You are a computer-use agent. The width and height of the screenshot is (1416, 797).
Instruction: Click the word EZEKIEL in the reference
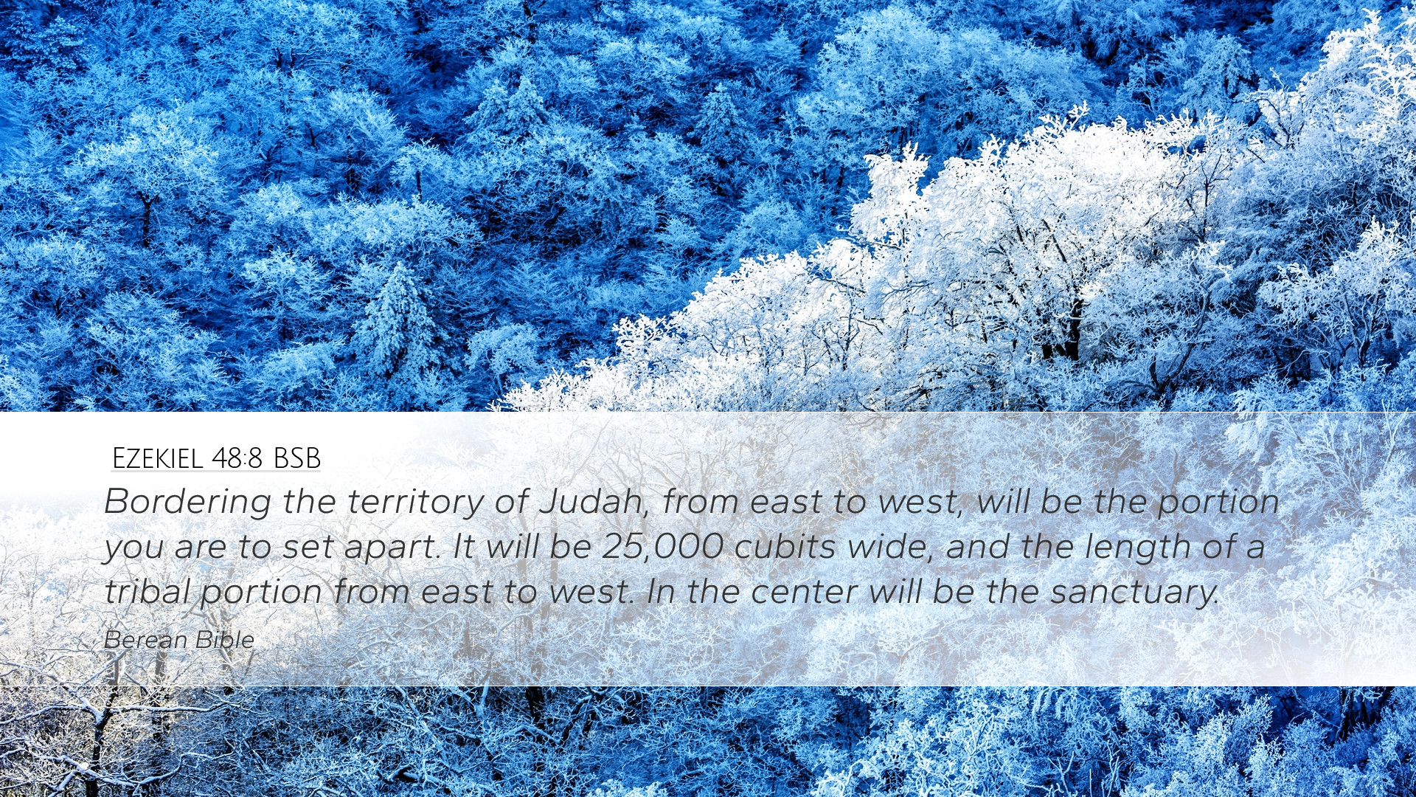tap(157, 458)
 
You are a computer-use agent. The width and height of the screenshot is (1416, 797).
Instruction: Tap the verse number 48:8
tap(237, 458)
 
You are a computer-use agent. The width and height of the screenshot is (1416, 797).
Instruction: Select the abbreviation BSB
tap(297, 458)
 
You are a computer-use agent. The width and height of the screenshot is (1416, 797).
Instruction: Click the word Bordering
tap(188, 503)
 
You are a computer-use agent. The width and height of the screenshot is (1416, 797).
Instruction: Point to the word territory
tap(416, 502)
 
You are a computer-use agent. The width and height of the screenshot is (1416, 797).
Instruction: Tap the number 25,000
tap(663, 548)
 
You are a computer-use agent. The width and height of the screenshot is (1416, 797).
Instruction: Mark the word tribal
tap(147, 592)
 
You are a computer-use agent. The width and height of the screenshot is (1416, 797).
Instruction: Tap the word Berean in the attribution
tap(146, 640)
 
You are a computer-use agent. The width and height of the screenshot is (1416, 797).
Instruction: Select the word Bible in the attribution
tap(225, 639)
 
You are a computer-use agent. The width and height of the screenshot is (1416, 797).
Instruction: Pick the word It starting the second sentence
tap(464, 547)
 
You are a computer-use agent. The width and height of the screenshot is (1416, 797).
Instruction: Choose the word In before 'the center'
tap(662, 592)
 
